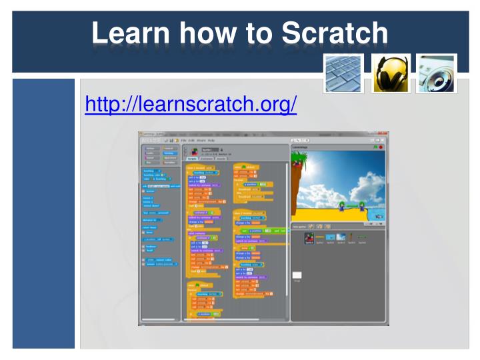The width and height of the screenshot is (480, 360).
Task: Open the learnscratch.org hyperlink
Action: point(191,105)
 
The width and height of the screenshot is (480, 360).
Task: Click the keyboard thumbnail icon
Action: point(343,73)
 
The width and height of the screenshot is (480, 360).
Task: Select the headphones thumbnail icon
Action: point(391,73)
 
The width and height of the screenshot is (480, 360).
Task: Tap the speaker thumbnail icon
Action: point(437,73)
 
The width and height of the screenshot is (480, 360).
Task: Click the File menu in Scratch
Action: point(183,140)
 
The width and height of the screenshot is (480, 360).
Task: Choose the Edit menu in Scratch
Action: point(191,140)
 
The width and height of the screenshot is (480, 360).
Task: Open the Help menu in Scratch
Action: point(211,140)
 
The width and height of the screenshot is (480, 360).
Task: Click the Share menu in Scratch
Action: point(201,140)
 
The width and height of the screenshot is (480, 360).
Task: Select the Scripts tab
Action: point(191,159)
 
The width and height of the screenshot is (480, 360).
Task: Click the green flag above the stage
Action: point(375,147)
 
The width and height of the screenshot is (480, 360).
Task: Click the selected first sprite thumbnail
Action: point(309,238)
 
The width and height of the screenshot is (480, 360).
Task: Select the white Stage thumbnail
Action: point(297,275)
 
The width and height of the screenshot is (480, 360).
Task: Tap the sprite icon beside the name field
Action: point(195,150)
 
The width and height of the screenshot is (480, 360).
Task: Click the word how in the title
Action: point(213,33)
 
